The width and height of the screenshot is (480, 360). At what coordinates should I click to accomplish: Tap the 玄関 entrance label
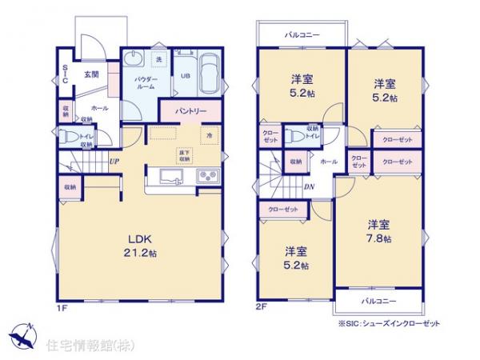pos(90,76)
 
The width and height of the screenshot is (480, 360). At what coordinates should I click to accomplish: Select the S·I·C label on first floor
pos(64,75)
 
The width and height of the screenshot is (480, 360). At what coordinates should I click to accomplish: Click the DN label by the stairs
pos(309,189)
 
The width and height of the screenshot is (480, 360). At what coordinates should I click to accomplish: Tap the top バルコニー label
pos(302,36)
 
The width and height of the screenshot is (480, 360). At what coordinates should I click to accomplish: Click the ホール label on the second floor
pos(328,161)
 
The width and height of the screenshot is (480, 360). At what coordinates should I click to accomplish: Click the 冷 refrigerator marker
pos(210,134)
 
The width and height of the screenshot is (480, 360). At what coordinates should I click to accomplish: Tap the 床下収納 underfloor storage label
pos(185,155)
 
